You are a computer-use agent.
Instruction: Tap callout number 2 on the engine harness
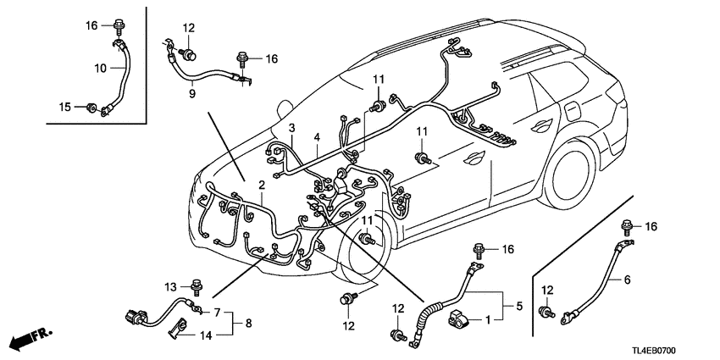263,185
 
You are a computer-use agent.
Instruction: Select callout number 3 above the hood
291,129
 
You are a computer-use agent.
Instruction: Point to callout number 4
316,137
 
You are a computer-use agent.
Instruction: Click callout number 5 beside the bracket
508,304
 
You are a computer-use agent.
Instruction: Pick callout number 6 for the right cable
628,280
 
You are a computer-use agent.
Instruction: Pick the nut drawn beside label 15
90,108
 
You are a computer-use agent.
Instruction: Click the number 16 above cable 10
91,26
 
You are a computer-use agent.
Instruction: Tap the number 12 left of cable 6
547,291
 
